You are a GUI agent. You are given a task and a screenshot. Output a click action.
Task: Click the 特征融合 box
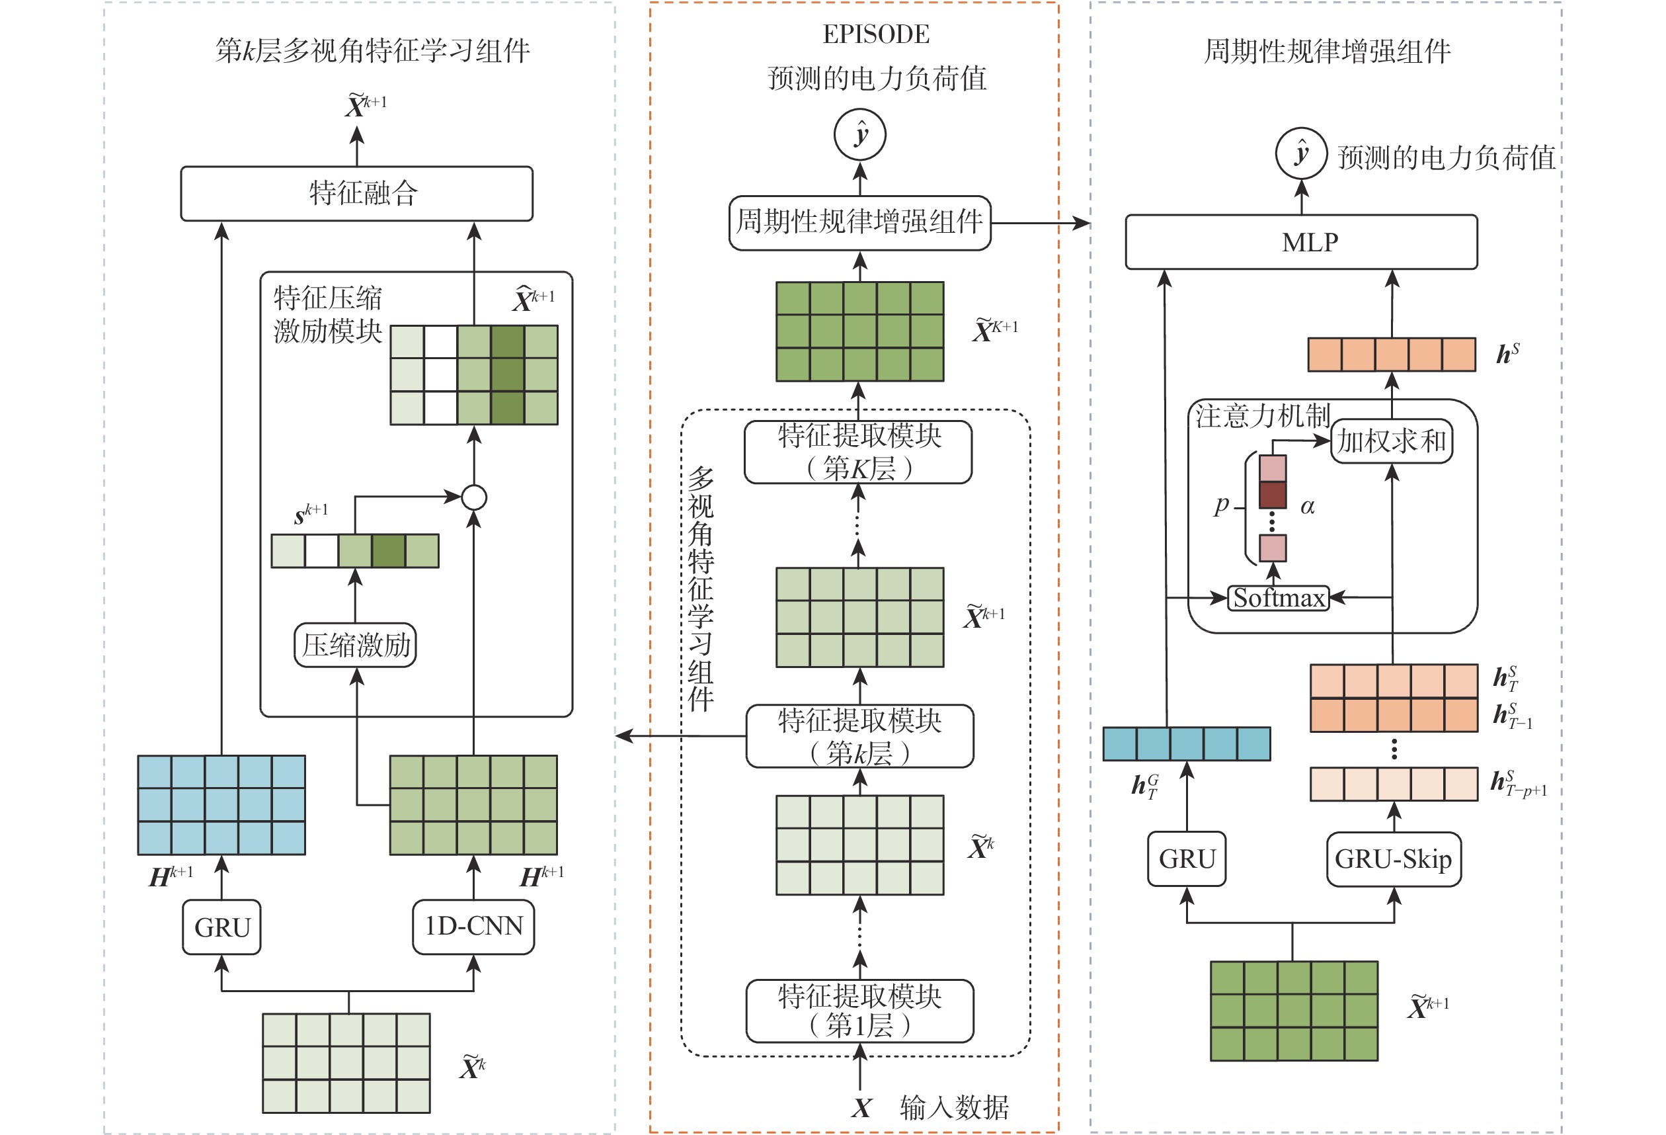356,194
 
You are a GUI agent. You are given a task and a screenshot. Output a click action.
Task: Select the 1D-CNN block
473,927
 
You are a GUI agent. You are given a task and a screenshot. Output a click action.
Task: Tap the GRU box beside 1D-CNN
221,927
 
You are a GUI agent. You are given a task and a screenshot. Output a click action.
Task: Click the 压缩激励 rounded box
356,646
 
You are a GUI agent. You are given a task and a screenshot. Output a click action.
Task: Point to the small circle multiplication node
474,497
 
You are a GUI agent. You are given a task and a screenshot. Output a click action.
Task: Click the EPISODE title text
875,34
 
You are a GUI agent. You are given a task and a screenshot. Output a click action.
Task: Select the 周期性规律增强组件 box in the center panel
859,222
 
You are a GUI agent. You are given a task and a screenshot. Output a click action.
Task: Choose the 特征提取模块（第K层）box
858,452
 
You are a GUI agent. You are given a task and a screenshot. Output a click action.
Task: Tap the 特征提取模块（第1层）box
859,1010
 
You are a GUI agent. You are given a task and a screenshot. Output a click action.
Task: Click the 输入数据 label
954,1108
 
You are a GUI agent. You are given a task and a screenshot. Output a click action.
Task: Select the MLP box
1301,242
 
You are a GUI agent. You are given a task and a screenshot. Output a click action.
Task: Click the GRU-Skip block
1393,859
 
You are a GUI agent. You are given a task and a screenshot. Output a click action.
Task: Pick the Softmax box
1278,598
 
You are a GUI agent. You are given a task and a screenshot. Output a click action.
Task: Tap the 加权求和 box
1392,441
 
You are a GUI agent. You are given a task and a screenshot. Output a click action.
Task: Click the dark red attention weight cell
1273,495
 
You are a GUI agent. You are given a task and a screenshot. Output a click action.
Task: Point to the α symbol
1308,507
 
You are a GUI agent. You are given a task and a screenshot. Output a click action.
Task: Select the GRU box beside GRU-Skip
1187,859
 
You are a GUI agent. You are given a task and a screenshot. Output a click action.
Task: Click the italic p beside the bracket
1222,505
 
